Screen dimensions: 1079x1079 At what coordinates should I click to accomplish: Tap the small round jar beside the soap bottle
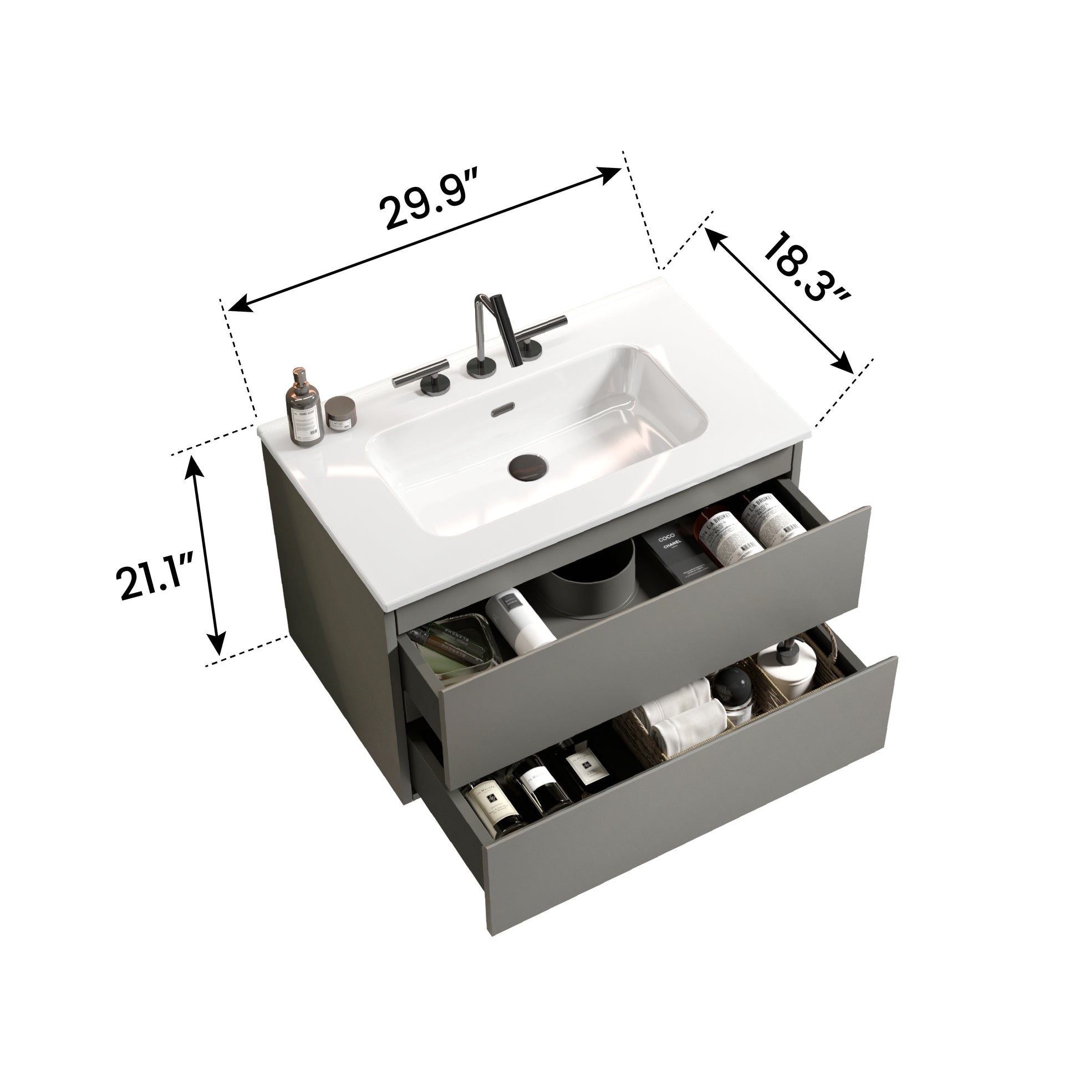click(x=340, y=414)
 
